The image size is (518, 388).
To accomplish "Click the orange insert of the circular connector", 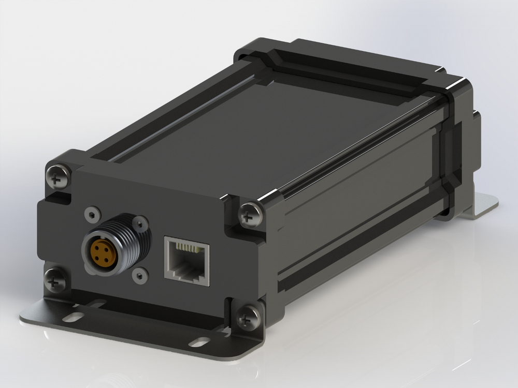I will [100, 252].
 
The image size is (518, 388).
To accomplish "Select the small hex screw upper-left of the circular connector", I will [92, 213].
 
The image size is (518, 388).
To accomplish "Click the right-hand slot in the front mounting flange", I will [199, 341].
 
